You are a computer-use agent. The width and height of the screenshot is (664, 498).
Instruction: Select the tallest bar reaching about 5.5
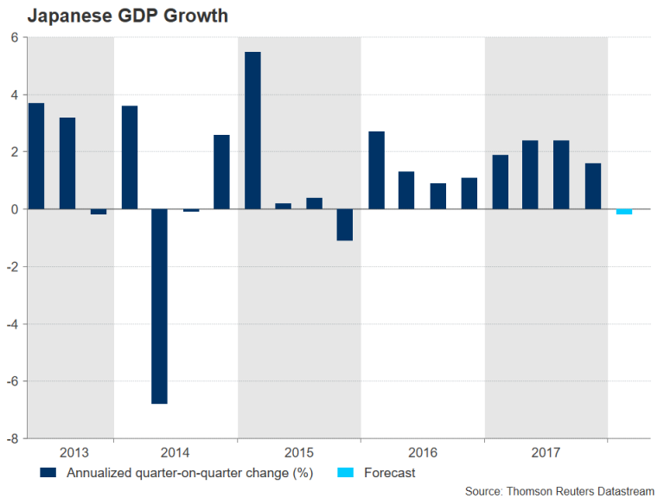(x=252, y=130)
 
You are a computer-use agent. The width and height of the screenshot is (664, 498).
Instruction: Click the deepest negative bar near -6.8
(x=160, y=306)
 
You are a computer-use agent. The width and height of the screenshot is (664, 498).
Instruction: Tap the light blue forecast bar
(x=623, y=212)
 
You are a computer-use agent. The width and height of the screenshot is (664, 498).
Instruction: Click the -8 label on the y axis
(x=12, y=438)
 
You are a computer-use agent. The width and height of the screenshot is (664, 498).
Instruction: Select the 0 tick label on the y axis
(x=15, y=209)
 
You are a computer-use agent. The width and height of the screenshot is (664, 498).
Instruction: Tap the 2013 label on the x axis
(x=73, y=453)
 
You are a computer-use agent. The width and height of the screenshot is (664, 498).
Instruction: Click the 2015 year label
(x=298, y=453)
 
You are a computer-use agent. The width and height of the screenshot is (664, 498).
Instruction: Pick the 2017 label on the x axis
(x=546, y=453)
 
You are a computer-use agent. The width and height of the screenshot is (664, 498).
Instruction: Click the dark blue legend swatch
(x=48, y=473)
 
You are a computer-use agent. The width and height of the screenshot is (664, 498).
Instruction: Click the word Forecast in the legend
(x=389, y=473)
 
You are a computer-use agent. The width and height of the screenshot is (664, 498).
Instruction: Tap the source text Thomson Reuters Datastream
(x=559, y=491)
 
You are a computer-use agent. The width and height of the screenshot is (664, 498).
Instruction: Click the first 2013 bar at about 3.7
(x=36, y=156)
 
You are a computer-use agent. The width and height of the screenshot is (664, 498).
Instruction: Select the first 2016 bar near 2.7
(x=376, y=169)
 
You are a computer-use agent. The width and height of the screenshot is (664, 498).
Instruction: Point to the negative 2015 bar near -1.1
(x=345, y=225)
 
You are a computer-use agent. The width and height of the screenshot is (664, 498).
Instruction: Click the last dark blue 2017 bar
(x=592, y=186)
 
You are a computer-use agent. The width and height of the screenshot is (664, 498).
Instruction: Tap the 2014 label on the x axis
(x=176, y=453)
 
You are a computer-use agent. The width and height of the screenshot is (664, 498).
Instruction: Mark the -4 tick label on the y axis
(x=12, y=324)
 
